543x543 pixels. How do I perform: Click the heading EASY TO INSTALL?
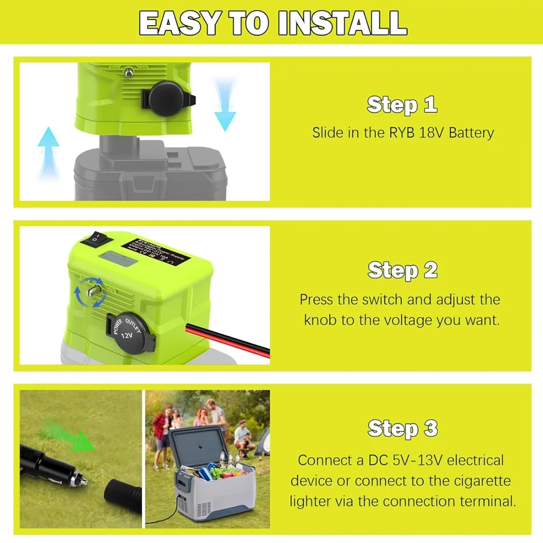pyautogui.click(x=272, y=24)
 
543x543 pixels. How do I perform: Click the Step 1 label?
pyautogui.click(x=402, y=105)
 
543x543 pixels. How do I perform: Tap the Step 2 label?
pyautogui.click(x=402, y=270)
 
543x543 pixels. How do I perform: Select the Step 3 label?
pyautogui.click(x=402, y=428)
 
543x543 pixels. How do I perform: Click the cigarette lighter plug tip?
pyautogui.click(x=82, y=481)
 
